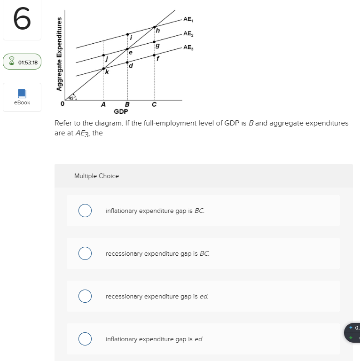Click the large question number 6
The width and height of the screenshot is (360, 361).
click(22, 20)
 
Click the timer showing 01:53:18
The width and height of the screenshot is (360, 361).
click(22, 62)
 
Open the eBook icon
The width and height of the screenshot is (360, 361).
click(22, 94)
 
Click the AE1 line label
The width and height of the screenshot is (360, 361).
click(188, 19)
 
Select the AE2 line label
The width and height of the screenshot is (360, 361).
click(188, 33)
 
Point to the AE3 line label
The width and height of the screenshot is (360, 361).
click(188, 47)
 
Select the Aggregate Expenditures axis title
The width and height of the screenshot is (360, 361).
click(59, 54)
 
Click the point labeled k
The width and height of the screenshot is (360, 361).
click(104, 69)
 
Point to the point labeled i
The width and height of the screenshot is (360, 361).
click(127, 34)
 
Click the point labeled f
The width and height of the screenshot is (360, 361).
click(154, 55)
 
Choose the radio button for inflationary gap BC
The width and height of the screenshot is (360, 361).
click(85, 211)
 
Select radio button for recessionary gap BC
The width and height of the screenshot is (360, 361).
click(85, 253)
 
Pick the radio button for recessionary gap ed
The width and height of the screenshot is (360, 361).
click(85, 296)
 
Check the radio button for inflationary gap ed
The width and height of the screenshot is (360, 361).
click(85, 339)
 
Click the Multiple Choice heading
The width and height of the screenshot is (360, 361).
click(96, 176)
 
